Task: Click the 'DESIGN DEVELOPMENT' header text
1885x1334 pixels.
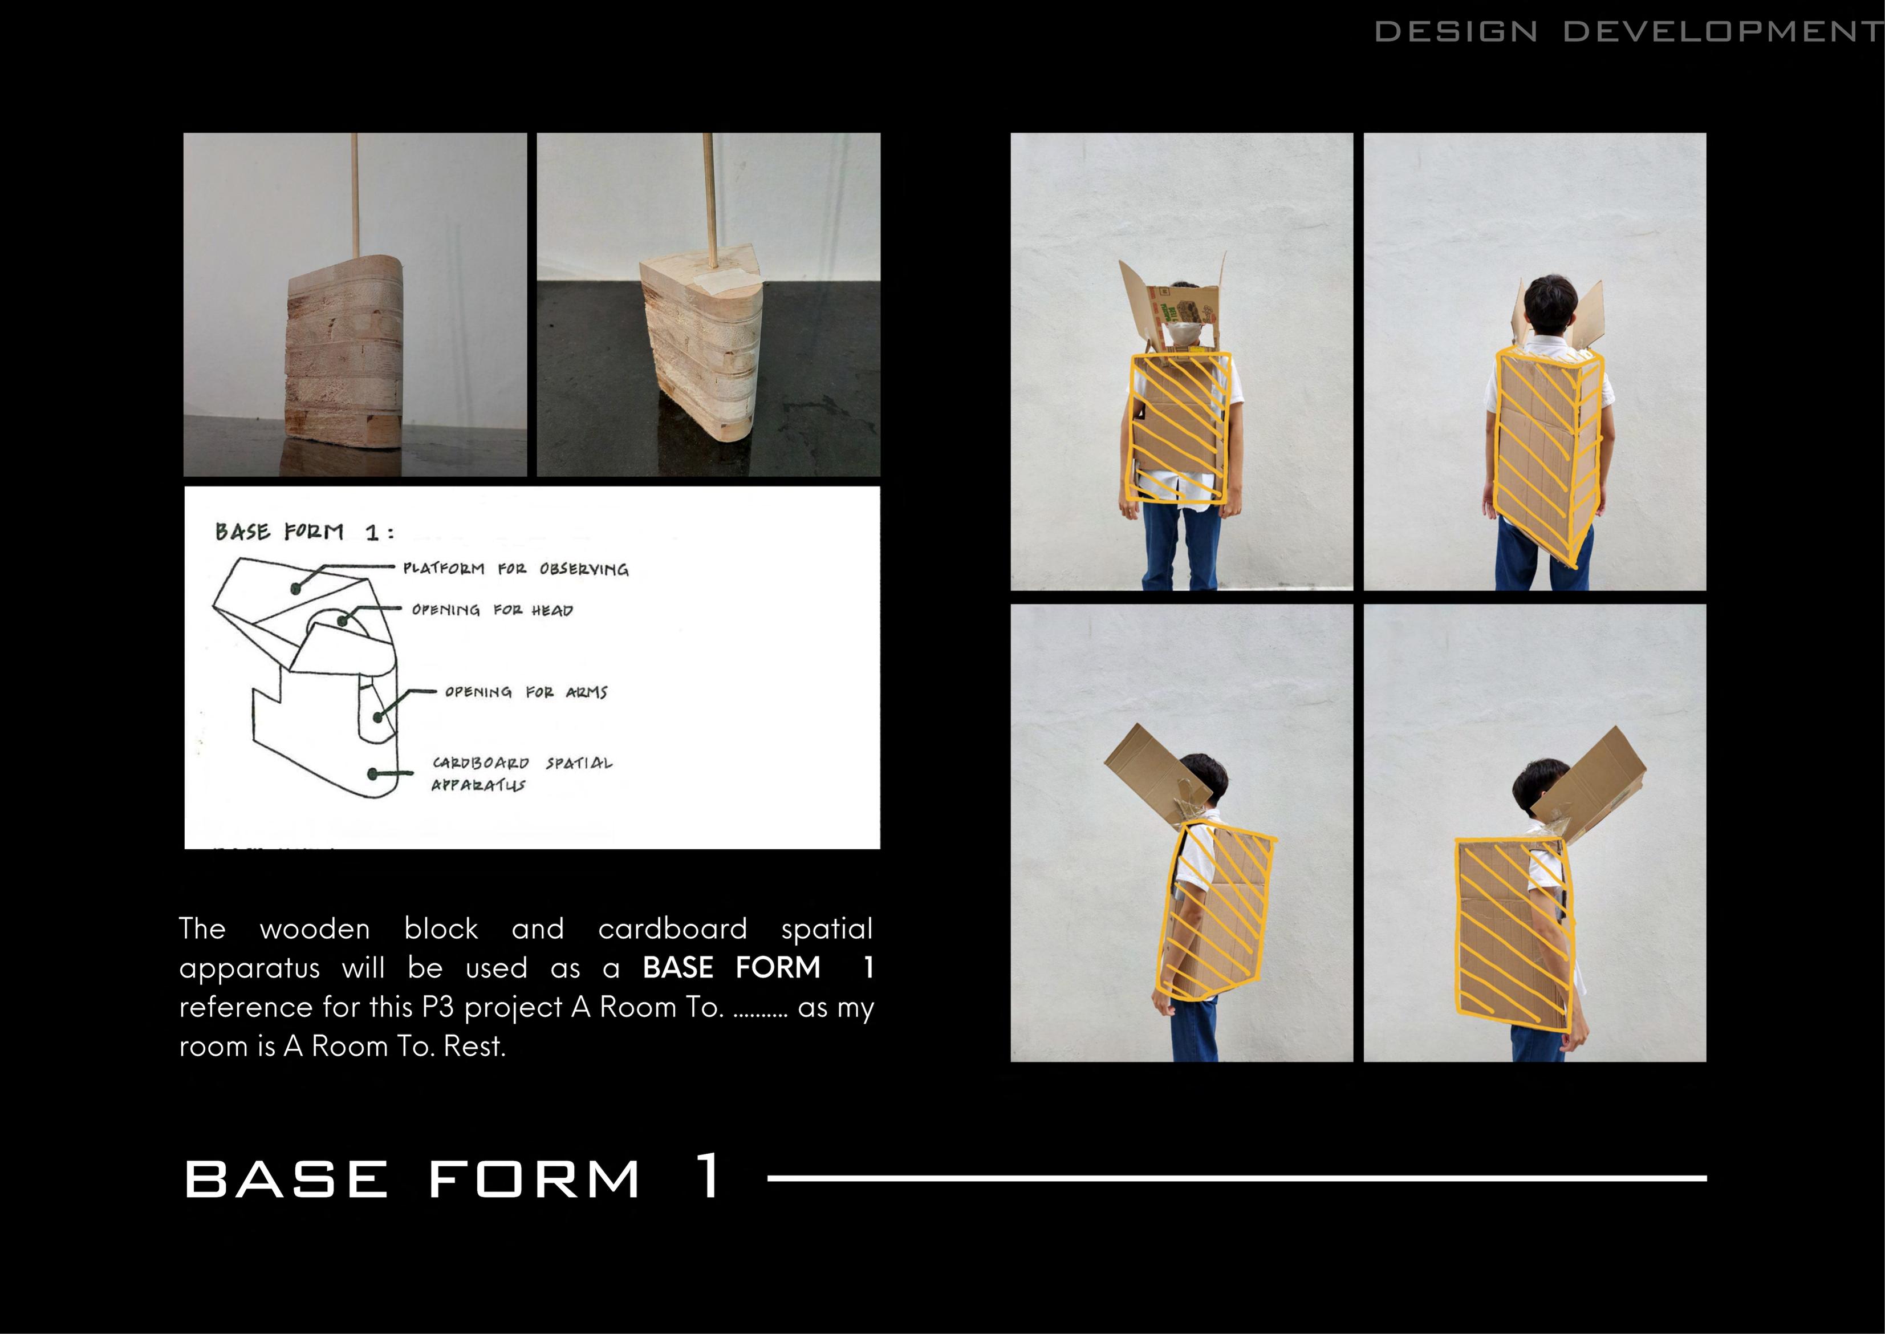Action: (1629, 31)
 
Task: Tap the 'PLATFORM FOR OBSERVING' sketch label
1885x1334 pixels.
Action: (515, 569)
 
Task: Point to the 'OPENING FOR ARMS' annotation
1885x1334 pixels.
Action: (526, 692)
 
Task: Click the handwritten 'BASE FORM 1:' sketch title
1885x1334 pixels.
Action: (304, 532)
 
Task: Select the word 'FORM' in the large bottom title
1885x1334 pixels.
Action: (534, 1179)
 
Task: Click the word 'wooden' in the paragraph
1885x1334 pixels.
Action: (314, 929)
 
